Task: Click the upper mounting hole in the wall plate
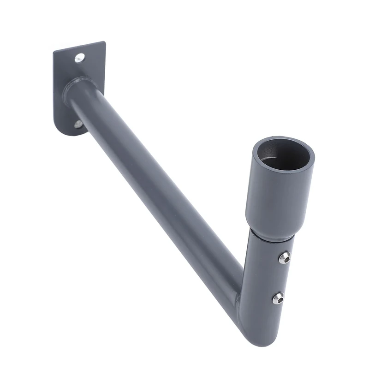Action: click(80, 58)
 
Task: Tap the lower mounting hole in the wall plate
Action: click(79, 124)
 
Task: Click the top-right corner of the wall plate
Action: click(104, 43)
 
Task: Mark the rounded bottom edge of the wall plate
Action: click(69, 134)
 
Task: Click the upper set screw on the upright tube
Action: click(285, 257)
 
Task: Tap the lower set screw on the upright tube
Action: click(278, 298)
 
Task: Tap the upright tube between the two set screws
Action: click(268, 277)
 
